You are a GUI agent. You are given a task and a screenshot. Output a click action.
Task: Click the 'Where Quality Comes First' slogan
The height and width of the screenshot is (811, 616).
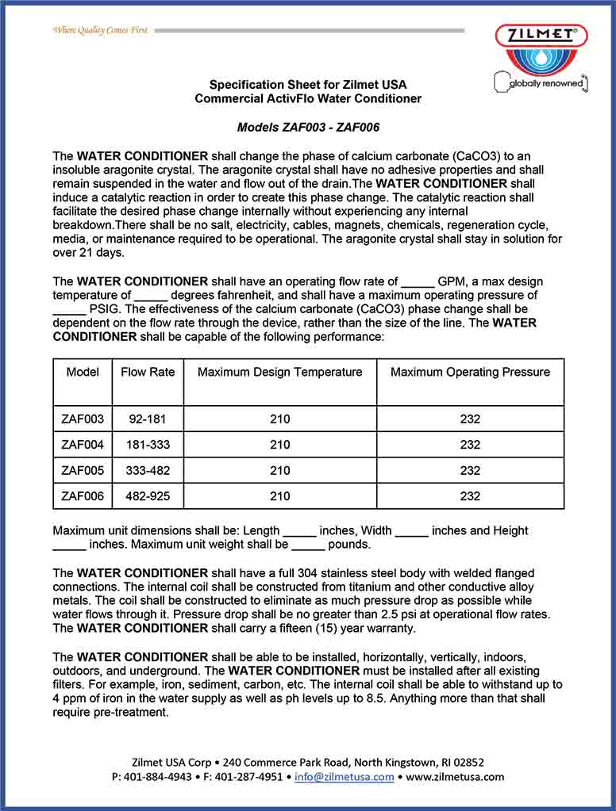pyautogui.click(x=100, y=30)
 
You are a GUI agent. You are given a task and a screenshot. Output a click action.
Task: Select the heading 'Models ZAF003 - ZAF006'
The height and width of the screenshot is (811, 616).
pyautogui.click(x=308, y=127)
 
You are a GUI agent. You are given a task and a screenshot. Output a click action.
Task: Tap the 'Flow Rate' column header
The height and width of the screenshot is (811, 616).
pyautogui.click(x=148, y=372)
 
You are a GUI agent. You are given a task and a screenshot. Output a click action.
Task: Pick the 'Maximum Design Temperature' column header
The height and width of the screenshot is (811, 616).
pyautogui.click(x=279, y=372)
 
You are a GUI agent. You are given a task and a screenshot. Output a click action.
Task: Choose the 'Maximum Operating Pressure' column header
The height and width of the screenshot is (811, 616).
pyautogui.click(x=470, y=372)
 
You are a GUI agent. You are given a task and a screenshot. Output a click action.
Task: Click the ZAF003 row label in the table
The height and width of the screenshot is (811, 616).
pyautogui.click(x=83, y=419)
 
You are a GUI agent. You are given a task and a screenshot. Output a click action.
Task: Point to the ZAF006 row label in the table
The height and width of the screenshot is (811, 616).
pyautogui.click(x=83, y=495)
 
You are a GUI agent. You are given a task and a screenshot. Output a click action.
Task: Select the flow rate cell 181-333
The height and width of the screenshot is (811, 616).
pyautogui.click(x=148, y=445)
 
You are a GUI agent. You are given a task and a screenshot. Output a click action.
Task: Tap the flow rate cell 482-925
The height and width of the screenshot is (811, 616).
pyautogui.click(x=148, y=495)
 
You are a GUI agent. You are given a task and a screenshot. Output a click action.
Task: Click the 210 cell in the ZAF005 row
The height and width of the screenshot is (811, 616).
pyautogui.click(x=279, y=470)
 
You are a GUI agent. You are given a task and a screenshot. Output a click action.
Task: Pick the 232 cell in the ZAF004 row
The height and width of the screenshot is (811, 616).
pyautogui.click(x=470, y=445)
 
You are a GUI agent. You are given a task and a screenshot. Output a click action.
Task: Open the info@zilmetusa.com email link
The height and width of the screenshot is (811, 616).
pyautogui.click(x=345, y=777)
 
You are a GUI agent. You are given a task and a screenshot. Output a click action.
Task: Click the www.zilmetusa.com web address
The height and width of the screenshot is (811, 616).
pyautogui.click(x=455, y=777)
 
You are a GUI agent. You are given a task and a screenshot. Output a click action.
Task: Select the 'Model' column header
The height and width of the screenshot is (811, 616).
pyautogui.click(x=83, y=372)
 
